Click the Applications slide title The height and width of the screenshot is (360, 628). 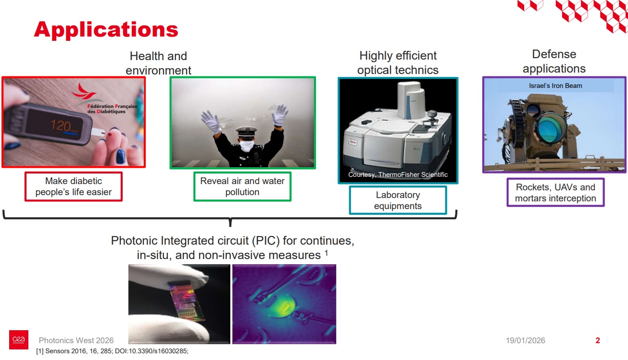click(106, 30)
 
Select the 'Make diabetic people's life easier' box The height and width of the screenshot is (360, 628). click(74, 186)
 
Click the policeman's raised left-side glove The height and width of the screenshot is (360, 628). click(210, 120)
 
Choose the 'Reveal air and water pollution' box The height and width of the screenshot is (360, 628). click(242, 186)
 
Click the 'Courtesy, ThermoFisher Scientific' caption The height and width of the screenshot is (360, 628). click(398, 174)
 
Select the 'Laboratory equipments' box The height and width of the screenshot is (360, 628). click(398, 200)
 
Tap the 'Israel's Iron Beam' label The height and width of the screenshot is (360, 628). click(555, 86)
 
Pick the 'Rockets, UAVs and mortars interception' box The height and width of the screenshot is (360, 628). click(555, 193)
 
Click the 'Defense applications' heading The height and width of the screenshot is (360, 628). click(554, 62)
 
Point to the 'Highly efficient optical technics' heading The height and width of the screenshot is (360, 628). click(398, 63)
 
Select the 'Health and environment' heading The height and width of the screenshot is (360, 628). click(158, 63)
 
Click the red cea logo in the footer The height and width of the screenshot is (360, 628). click(19, 340)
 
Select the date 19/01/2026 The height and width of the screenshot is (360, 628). click(525, 340)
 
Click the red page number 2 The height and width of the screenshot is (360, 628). click(598, 340)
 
